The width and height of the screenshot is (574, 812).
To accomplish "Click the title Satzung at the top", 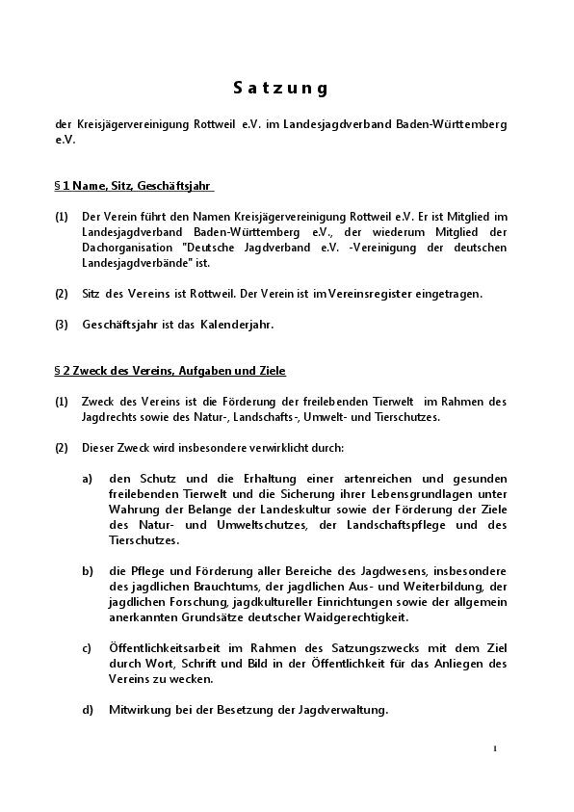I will click(x=281, y=89).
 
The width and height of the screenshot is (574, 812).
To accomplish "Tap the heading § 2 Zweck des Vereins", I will click(x=170, y=370).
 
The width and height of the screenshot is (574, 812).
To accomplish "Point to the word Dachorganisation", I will click(x=128, y=247).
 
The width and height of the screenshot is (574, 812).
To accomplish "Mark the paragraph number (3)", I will click(x=62, y=325).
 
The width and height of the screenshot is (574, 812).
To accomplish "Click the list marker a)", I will click(x=88, y=479).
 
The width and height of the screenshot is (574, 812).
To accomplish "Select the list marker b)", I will click(x=88, y=571).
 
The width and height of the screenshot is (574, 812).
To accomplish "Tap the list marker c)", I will click(x=88, y=648).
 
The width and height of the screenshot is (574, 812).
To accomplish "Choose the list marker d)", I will click(x=88, y=710).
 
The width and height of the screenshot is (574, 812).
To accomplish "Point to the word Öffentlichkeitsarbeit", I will click(x=165, y=648).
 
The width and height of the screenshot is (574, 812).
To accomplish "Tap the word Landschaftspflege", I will click(x=385, y=525).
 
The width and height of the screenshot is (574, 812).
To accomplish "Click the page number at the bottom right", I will click(x=494, y=747).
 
